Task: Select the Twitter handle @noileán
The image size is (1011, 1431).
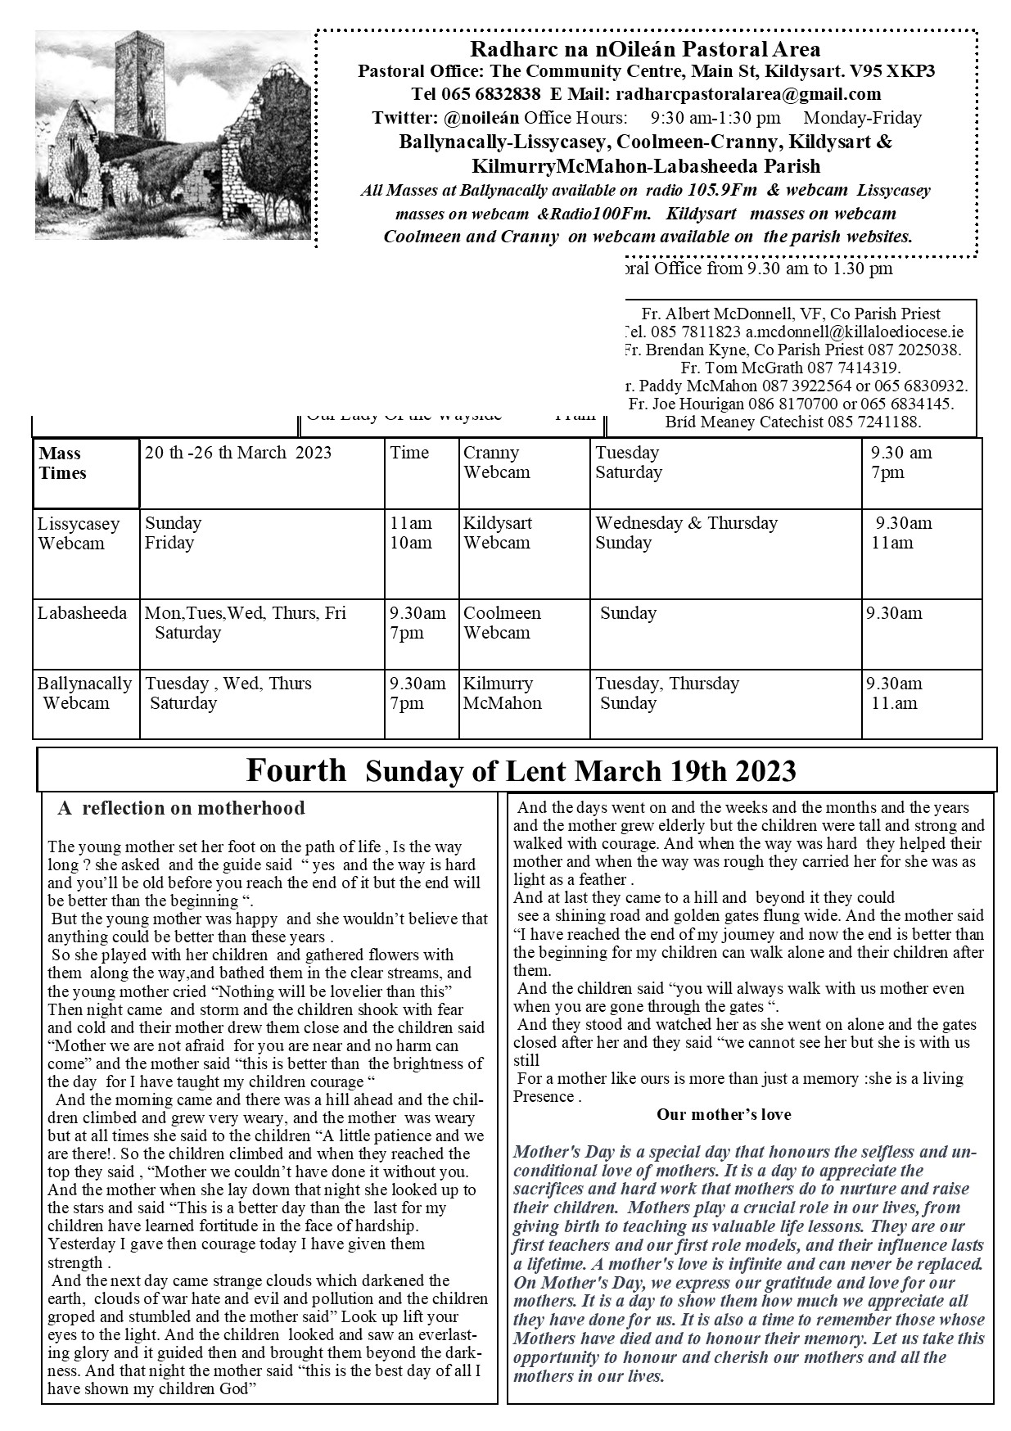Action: coord(479,118)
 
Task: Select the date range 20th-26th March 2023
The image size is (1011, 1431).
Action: coord(238,453)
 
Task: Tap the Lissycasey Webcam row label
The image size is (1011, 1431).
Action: coord(79,533)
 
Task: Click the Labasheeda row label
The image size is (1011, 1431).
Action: coord(82,613)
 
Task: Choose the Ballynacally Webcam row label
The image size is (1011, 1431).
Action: coord(84,693)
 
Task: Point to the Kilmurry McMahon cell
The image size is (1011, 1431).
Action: coord(502,693)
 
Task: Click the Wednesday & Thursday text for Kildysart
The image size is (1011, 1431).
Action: coord(686,523)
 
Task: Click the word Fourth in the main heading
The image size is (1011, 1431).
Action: coord(296,770)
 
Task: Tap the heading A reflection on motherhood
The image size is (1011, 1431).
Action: coord(181,809)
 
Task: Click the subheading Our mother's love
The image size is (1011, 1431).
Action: coord(723,1114)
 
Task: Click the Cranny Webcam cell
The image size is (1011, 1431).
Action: coord(496,463)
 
